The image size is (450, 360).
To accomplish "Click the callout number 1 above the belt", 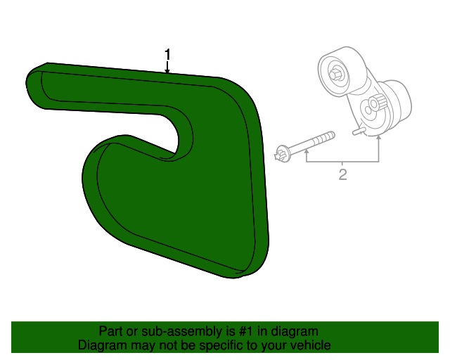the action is [167, 55].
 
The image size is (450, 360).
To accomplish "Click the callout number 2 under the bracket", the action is [342, 174].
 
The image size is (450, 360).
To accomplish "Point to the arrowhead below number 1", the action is [167, 71].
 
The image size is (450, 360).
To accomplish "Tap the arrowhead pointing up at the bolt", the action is [307, 151].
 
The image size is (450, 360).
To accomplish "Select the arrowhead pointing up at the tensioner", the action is [379, 138].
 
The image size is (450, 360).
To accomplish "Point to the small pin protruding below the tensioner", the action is [358, 131].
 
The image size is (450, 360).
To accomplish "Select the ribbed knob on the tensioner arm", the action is [379, 102].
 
